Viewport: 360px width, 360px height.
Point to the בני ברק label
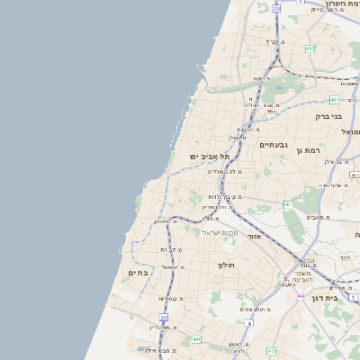point(329,116)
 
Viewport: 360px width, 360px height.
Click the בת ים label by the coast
point(138,272)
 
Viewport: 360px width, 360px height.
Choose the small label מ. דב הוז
point(171,249)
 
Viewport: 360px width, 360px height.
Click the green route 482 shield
point(310,49)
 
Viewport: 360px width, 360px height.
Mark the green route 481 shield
point(334,100)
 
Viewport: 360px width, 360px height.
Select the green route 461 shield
point(288,205)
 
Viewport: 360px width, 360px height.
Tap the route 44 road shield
point(300,295)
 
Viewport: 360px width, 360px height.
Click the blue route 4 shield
point(354,296)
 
